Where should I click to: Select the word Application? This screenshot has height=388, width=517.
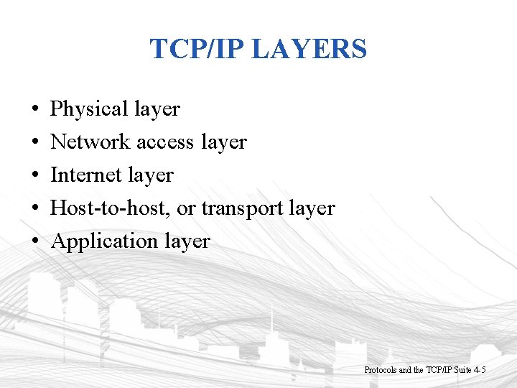point(97,241)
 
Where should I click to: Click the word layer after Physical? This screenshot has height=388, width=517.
point(157,110)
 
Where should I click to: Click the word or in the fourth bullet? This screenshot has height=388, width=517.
point(185,209)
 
